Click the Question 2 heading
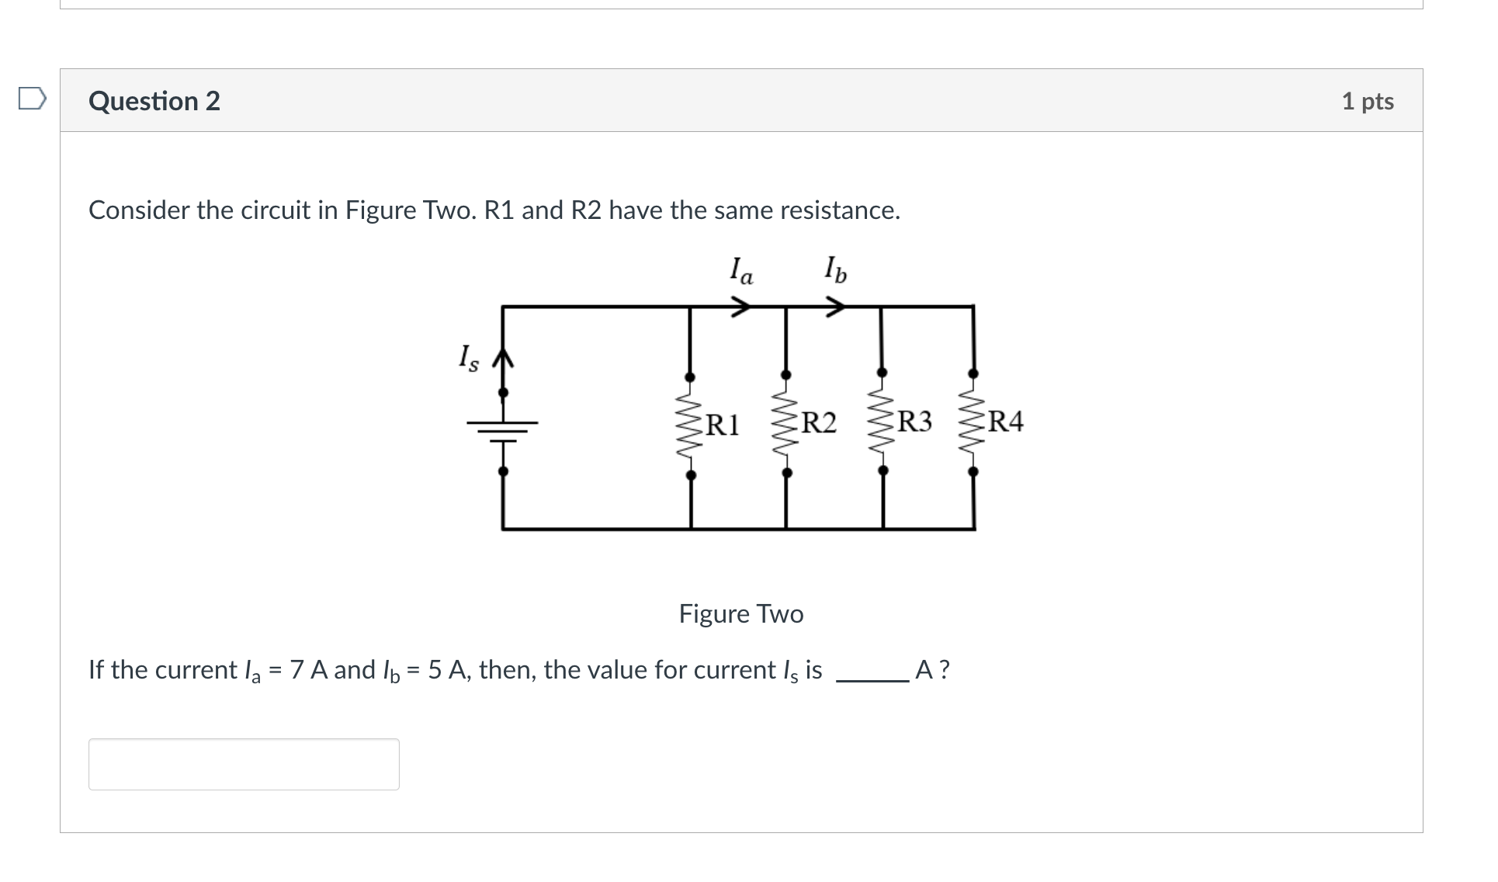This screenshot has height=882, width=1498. pos(154,101)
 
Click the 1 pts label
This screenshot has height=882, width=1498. pos(1367,101)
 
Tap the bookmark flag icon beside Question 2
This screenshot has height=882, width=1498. pos(32,99)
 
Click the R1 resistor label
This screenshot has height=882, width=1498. pos(722,425)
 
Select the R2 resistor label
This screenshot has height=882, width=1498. pos(819,423)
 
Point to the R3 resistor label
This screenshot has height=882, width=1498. pos(914,422)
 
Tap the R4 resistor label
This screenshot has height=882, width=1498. pos(1006,422)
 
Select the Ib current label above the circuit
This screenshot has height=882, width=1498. pos(835,269)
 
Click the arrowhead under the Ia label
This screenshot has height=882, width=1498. pos(742,307)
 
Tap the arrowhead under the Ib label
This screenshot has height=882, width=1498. pos(835,307)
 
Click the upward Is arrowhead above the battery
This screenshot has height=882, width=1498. pos(503,357)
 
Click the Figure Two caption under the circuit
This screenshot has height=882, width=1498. pos(740,614)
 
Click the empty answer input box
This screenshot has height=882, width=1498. pos(244,764)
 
